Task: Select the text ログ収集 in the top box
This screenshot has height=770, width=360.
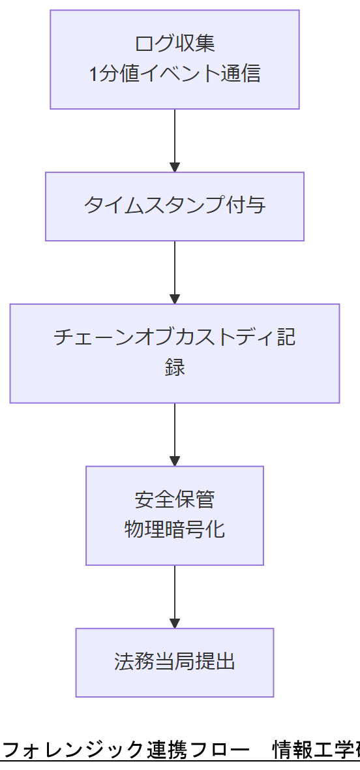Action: click(174, 44)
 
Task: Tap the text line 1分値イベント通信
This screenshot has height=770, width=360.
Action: click(174, 73)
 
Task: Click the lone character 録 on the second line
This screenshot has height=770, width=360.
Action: click(174, 367)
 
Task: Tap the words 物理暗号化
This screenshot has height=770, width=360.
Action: click(174, 529)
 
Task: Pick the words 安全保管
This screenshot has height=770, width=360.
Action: click(174, 499)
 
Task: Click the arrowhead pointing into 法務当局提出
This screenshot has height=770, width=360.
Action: click(174, 623)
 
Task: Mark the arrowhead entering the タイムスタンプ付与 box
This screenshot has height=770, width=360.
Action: click(174, 166)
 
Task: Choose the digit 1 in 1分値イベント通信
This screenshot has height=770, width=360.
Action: click(93, 74)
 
